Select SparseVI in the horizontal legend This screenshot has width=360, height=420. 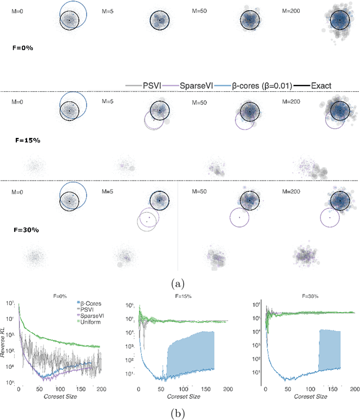(x=193, y=86)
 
